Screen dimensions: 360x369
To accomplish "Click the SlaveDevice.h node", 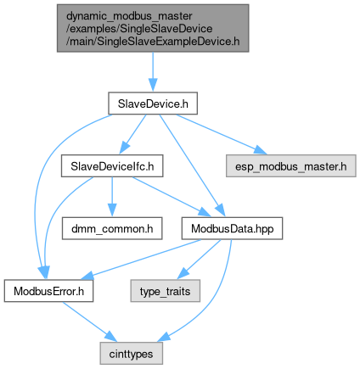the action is pyautogui.click(x=153, y=103).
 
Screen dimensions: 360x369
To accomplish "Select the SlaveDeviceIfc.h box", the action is pyautogui.click(x=112, y=166).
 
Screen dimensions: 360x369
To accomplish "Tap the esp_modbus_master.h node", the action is pyautogui.click(x=291, y=166).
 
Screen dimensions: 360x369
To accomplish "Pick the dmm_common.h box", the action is pyautogui.click(x=112, y=228).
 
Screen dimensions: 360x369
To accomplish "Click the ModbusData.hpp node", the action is pyautogui.click(x=232, y=228).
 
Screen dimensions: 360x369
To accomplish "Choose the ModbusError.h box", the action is pyautogui.click(x=48, y=291).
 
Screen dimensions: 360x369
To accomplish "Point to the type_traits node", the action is pyautogui.click(x=166, y=291).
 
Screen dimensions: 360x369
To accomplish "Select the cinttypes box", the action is pyautogui.click(x=131, y=354).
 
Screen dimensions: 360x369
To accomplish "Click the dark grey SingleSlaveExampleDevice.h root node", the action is pyautogui.click(x=153, y=28).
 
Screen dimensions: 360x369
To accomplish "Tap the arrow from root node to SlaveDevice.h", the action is pyautogui.click(x=153, y=72).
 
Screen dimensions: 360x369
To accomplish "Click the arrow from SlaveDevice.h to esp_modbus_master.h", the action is pyautogui.click(x=222, y=134).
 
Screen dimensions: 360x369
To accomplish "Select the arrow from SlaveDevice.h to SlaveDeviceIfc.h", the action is pyautogui.click(x=132, y=134).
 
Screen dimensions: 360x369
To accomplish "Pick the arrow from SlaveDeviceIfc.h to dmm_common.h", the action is pyautogui.click(x=112, y=197).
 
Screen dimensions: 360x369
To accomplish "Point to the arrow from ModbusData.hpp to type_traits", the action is pyautogui.click(x=199, y=260).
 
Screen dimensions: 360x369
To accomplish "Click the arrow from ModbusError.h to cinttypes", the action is pyautogui.click(x=89, y=321).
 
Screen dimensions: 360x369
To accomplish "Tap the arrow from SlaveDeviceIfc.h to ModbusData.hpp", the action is pyautogui.click(x=171, y=197).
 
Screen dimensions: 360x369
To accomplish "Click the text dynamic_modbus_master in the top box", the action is pyautogui.click(x=129, y=16).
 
